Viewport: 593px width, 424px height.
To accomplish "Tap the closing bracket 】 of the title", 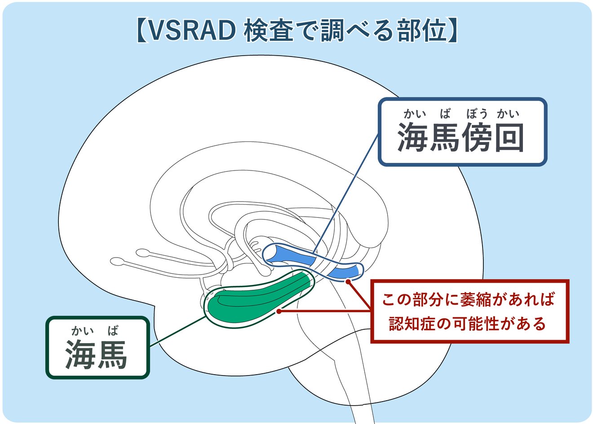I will (x=452, y=31).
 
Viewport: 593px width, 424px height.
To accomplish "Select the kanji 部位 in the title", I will (x=420, y=31).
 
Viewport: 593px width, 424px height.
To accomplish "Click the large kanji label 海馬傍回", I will (x=461, y=137).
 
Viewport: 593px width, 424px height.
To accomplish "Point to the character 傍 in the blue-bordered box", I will (x=477, y=137).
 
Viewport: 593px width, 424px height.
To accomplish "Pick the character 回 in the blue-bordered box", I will (x=509, y=137).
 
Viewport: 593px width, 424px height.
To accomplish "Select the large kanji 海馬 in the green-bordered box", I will (x=97, y=354).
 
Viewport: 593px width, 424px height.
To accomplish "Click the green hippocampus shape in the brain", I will (x=256, y=301).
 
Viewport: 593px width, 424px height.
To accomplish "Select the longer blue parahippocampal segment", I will (x=292, y=255).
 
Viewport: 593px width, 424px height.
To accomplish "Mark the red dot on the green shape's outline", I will (x=279, y=310).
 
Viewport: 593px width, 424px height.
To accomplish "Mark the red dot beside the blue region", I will (x=348, y=281).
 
